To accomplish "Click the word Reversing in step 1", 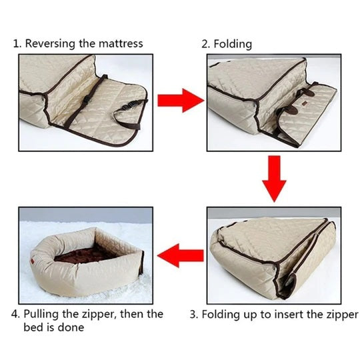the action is click(x=50, y=43).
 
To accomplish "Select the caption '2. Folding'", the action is click(x=227, y=44).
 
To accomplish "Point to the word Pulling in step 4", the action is click(x=41, y=314).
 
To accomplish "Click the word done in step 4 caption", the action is click(x=71, y=327).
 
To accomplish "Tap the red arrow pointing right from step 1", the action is click(x=181, y=101).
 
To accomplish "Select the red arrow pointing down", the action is click(x=274, y=179).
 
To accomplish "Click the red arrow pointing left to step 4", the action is click(x=181, y=255).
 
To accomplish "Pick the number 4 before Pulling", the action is click(x=15, y=314).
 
